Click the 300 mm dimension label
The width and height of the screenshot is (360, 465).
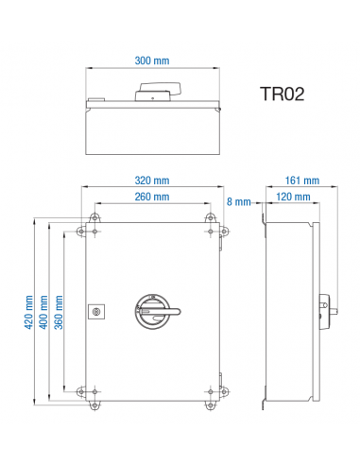[x=151, y=60]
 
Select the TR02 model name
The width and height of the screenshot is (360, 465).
[x=283, y=95]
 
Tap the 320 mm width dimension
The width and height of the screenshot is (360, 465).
[x=151, y=181]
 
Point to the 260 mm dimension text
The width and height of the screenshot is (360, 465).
[x=151, y=197]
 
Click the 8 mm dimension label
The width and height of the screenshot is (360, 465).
[x=239, y=201]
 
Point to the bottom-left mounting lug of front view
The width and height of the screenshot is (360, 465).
[x=94, y=400]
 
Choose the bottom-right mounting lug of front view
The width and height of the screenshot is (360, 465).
[x=209, y=400]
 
